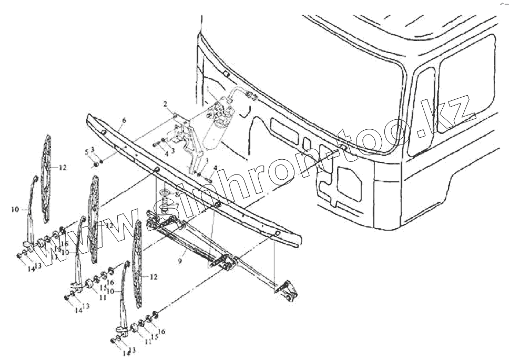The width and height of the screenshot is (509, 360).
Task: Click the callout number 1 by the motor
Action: tap(208, 88)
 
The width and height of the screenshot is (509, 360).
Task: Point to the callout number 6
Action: tap(124, 120)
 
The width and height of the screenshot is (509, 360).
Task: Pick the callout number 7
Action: tap(177, 205)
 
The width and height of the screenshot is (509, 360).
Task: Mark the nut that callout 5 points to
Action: tap(96, 165)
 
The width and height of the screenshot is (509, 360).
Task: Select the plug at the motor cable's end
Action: tap(251, 96)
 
